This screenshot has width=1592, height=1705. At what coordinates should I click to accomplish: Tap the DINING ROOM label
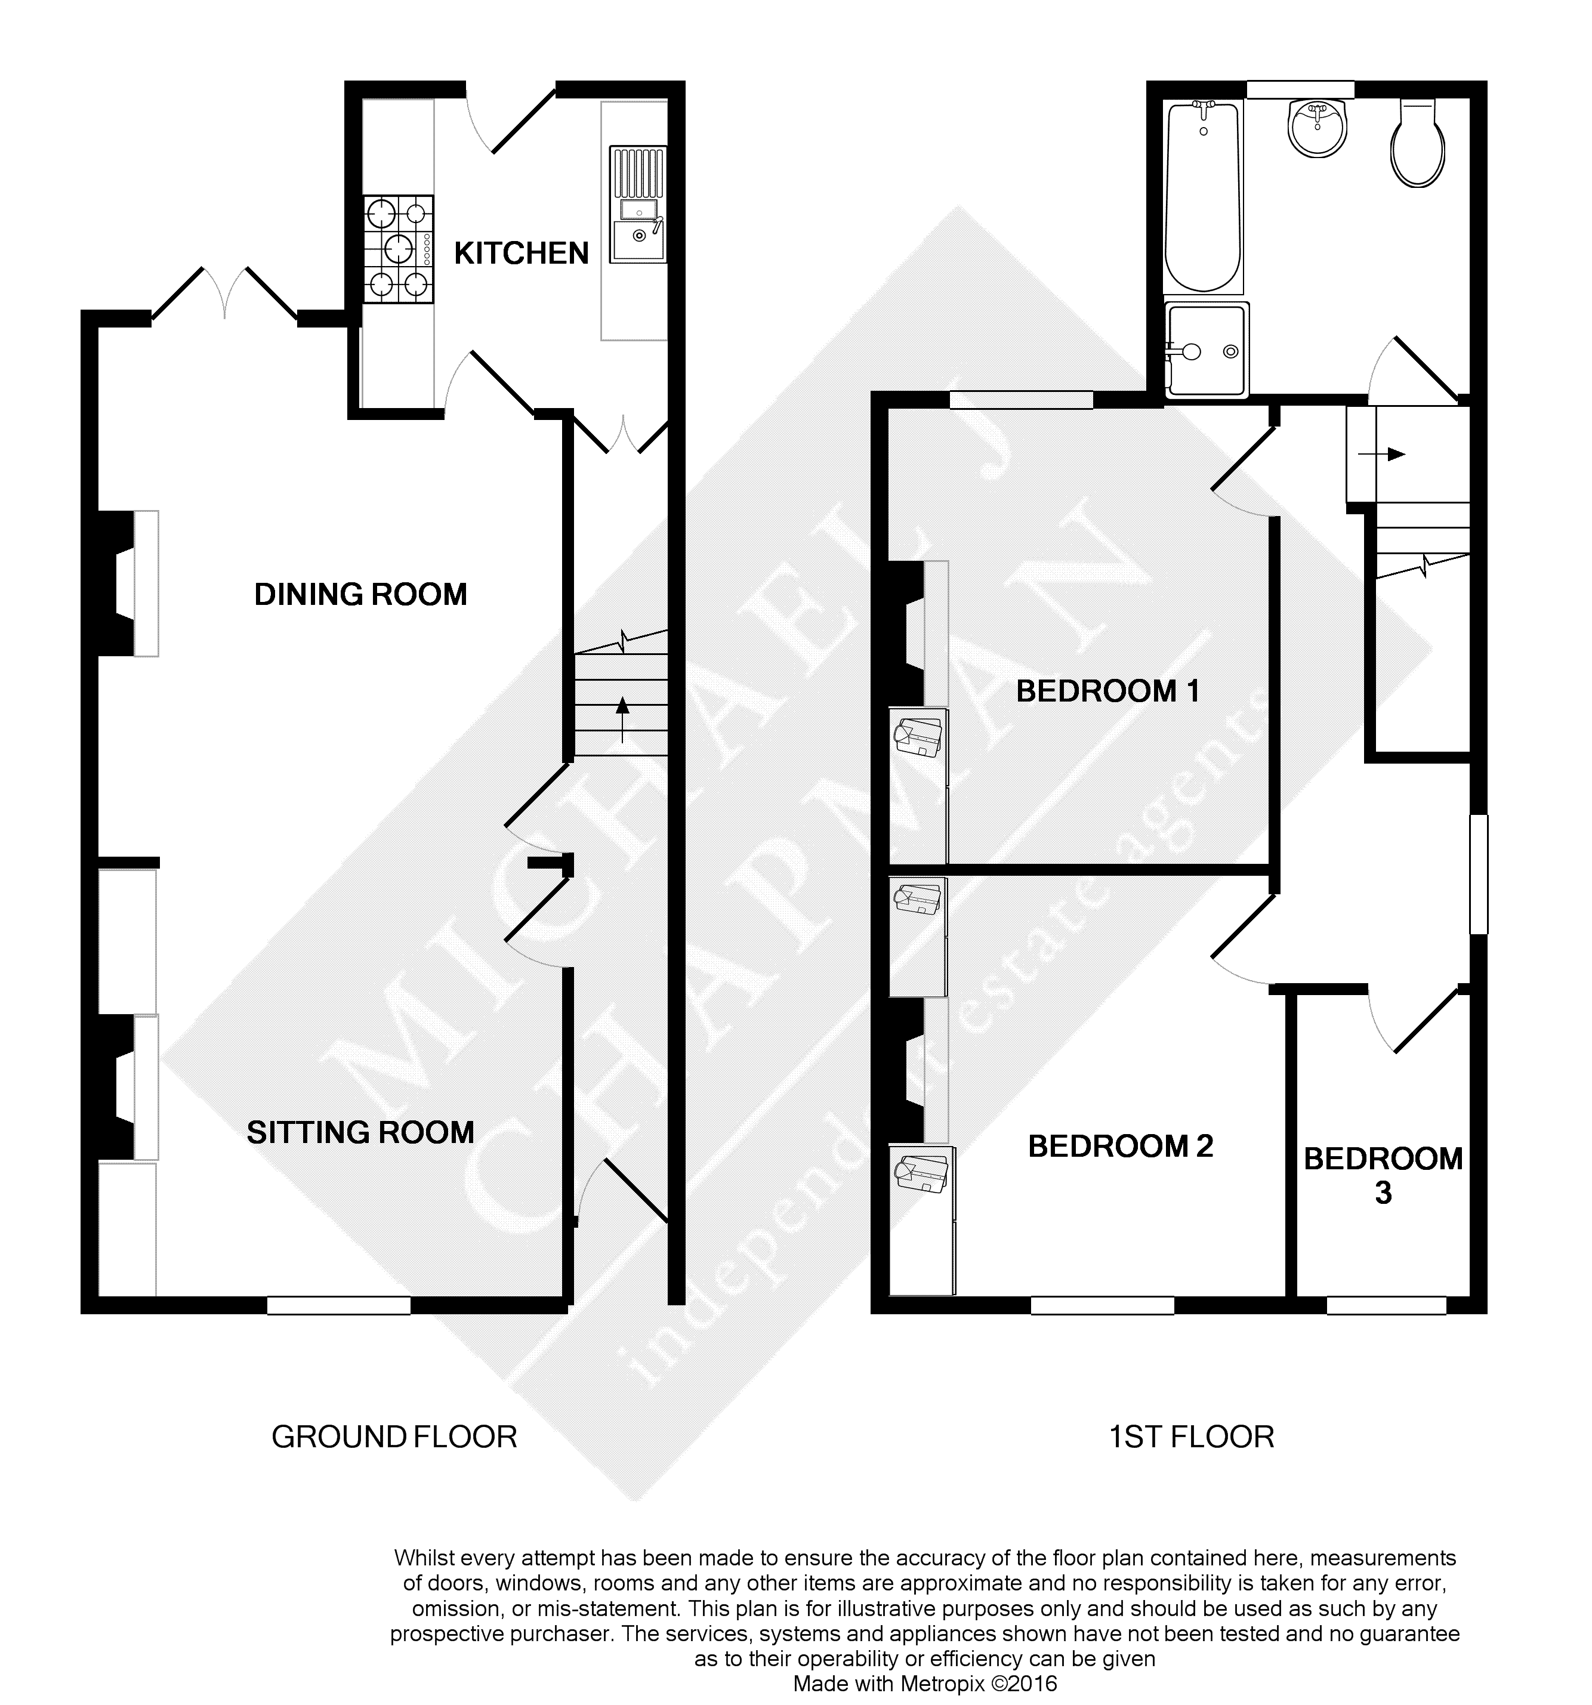click(x=360, y=594)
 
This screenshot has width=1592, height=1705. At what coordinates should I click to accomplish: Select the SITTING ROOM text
click(x=360, y=1132)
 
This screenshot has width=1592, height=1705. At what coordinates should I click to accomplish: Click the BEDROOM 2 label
click(x=1120, y=1146)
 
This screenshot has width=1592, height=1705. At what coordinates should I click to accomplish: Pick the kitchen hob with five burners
click(x=398, y=249)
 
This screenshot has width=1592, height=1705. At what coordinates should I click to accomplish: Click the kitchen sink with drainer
click(x=637, y=204)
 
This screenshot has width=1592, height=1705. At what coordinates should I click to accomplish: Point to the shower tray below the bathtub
click(x=1206, y=350)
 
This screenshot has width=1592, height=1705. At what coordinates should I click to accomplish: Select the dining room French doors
click(x=226, y=296)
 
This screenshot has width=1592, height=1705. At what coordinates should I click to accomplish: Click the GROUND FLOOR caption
click(x=394, y=1437)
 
